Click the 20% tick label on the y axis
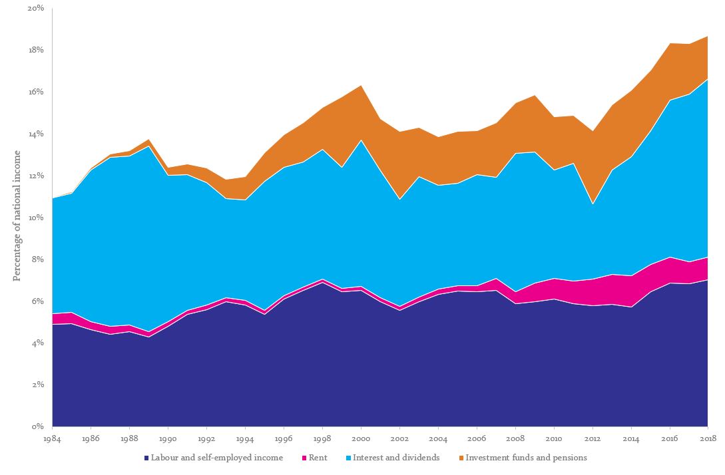pos(35,8)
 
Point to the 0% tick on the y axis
pos(38,426)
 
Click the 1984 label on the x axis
pos(53,438)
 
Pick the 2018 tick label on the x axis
pos(708,438)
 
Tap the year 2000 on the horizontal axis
pos(361,438)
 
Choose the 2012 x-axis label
pos(592,438)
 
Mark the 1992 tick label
pos(206,438)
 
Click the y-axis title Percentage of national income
pos(17,216)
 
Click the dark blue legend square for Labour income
pos(146,458)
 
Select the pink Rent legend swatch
pos(304,458)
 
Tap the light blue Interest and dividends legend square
pos(349,458)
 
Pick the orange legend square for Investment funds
pos(461,458)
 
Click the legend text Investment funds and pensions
pos(526,458)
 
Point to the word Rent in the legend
pos(318,458)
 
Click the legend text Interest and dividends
pos(396,458)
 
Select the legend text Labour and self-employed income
pos(217,458)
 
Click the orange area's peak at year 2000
pos(361,86)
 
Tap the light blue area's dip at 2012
pos(593,204)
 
